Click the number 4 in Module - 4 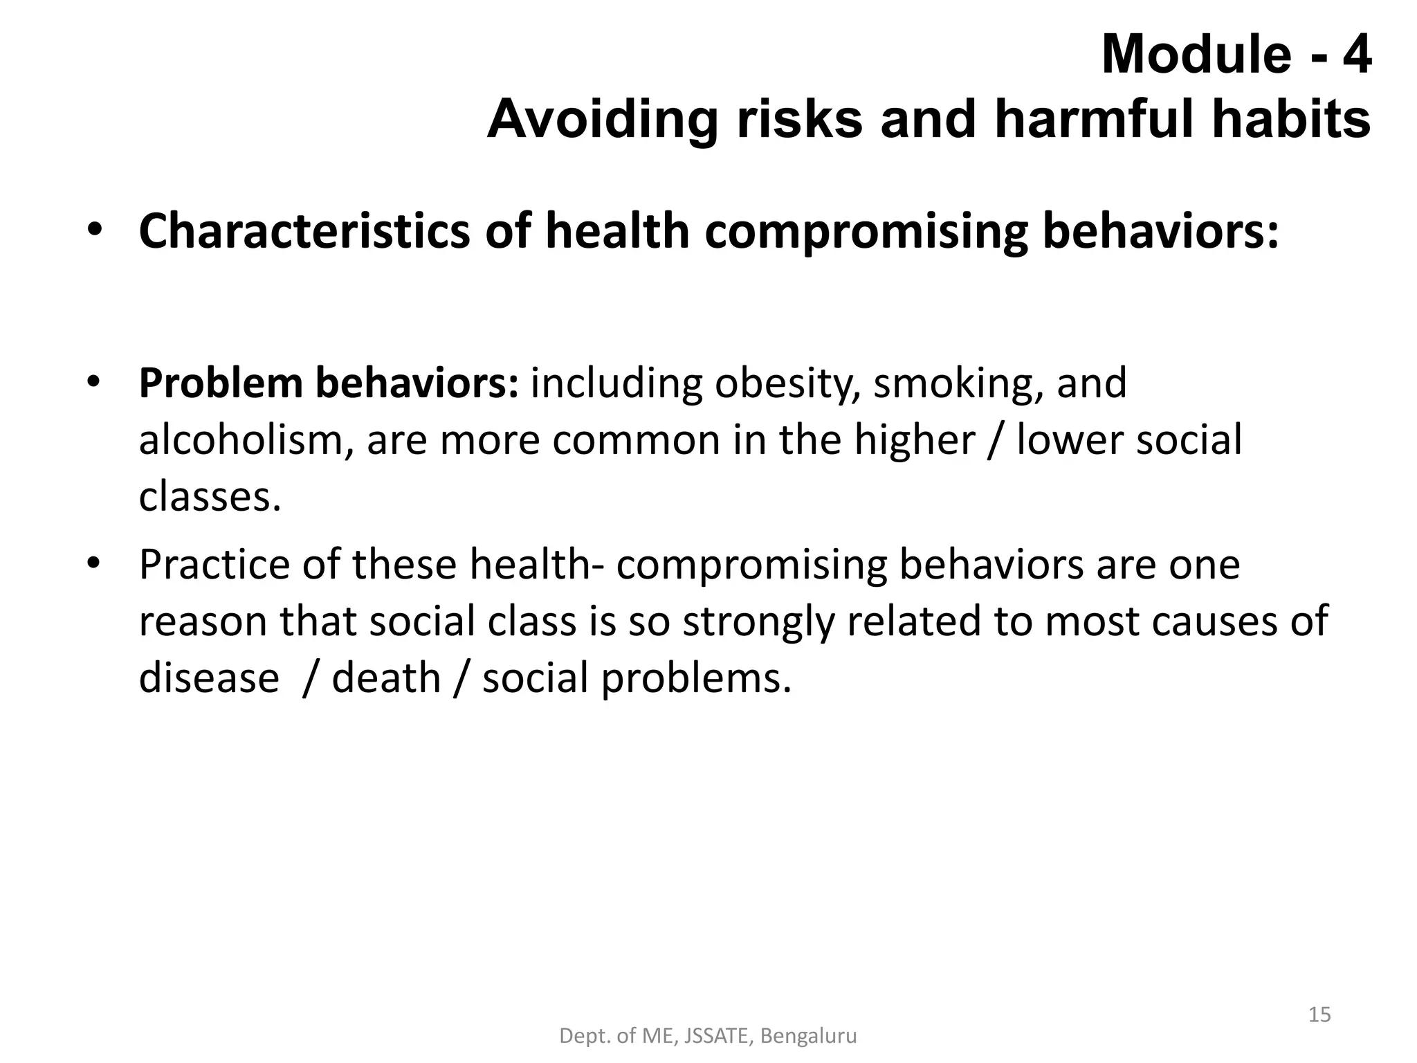coord(1356,55)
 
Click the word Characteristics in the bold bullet coord(304,231)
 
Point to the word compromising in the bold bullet coord(866,233)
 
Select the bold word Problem coord(221,383)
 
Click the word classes coord(209,497)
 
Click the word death coord(386,678)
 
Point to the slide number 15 coord(1319,1015)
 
